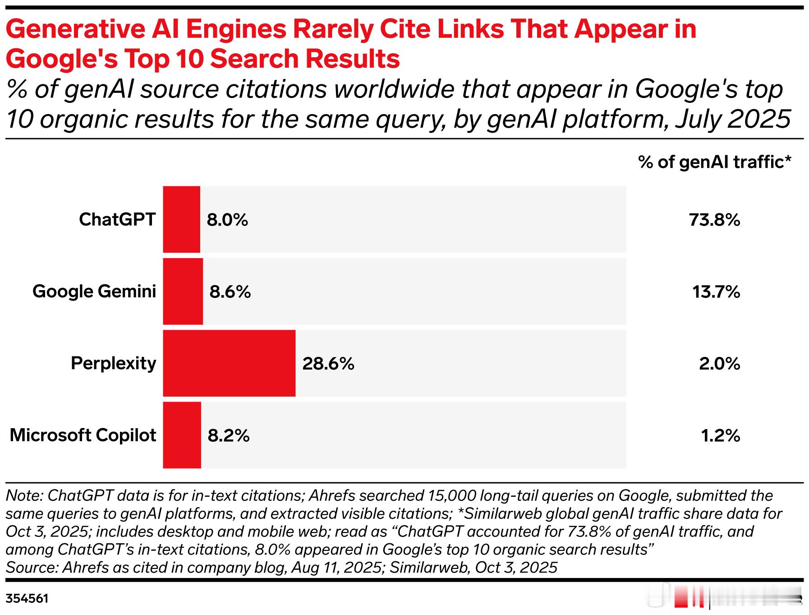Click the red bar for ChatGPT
(x=181, y=219)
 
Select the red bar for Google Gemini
(x=183, y=291)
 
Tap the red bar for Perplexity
(x=229, y=363)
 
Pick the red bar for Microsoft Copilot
(x=182, y=435)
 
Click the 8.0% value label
(x=227, y=220)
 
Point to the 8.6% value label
(x=230, y=292)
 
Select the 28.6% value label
(x=328, y=363)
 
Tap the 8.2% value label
(x=228, y=435)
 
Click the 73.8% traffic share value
(x=714, y=220)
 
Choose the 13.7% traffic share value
(x=716, y=292)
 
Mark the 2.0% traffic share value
(x=719, y=363)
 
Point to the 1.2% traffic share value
(x=720, y=435)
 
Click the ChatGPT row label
(x=117, y=219)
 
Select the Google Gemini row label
(x=94, y=291)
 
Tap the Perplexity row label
(x=113, y=363)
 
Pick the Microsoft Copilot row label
(x=83, y=435)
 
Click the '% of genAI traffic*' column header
(x=715, y=162)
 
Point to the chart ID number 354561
(x=27, y=599)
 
